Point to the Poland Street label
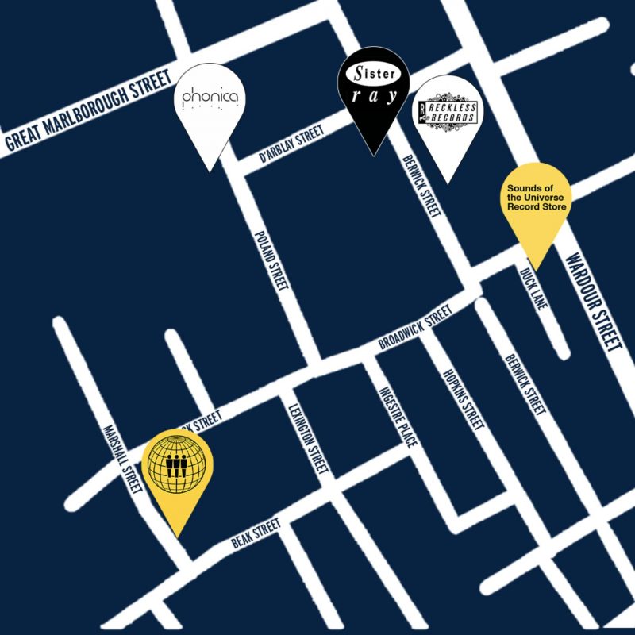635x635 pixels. (268, 261)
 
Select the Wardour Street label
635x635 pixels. (594, 304)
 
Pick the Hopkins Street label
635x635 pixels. (464, 399)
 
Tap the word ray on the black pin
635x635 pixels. (373, 105)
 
